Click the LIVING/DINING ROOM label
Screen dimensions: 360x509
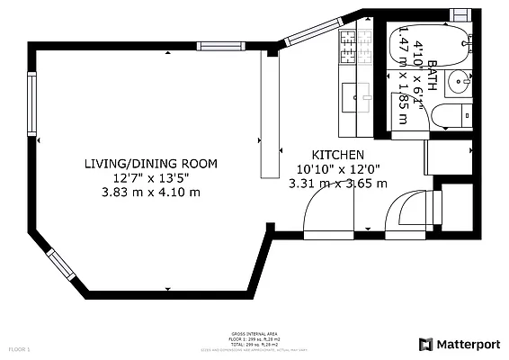[150, 164]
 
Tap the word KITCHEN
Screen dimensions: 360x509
[337, 155]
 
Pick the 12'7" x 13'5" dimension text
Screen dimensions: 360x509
[150, 177]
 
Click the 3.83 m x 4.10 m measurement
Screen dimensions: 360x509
[150, 192]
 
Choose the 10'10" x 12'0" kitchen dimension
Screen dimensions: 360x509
[337, 169]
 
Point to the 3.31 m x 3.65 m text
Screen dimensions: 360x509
[337, 184]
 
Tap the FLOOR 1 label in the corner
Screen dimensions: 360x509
[20, 347]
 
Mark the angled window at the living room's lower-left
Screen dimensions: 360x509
[59, 263]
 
